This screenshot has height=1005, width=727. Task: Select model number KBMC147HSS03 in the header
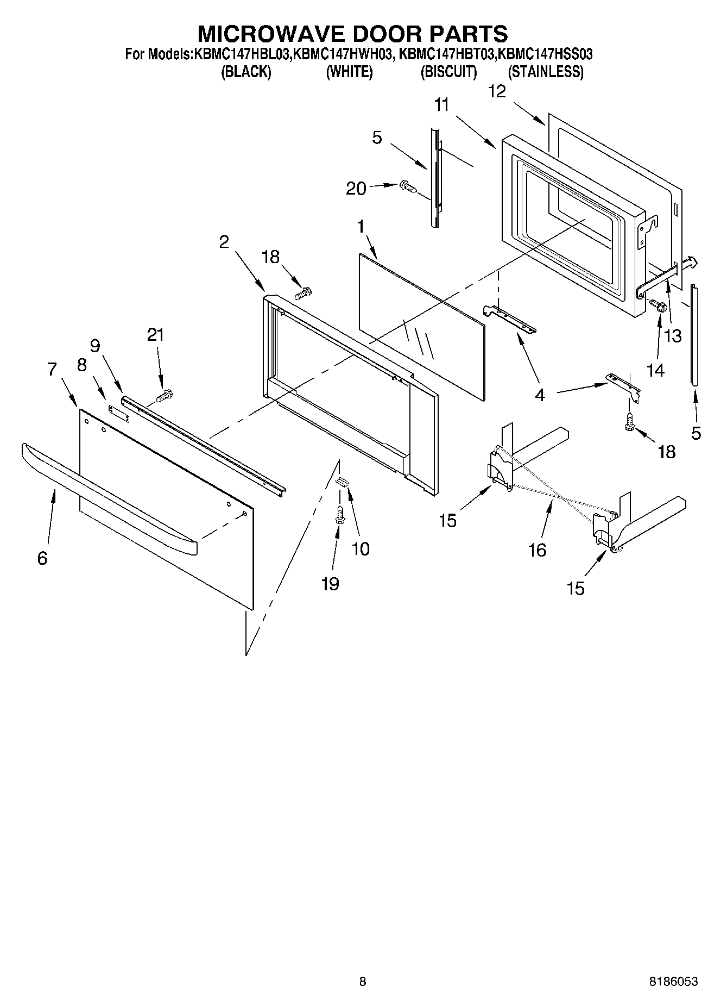(545, 54)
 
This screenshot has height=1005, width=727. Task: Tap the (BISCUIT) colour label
(448, 72)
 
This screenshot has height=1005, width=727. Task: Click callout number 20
(356, 188)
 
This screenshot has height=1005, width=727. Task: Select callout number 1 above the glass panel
(361, 227)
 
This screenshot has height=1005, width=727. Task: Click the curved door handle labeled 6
(109, 493)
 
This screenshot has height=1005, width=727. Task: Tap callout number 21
(155, 335)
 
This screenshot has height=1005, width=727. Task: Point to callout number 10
(361, 548)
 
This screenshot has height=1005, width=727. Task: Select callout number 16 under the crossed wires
(537, 550)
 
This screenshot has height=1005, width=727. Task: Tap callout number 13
(673, 336)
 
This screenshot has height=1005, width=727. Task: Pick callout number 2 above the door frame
(224, 242)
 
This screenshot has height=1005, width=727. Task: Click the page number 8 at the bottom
(363, 981)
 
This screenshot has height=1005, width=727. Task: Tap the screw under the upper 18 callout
(301, 294)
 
